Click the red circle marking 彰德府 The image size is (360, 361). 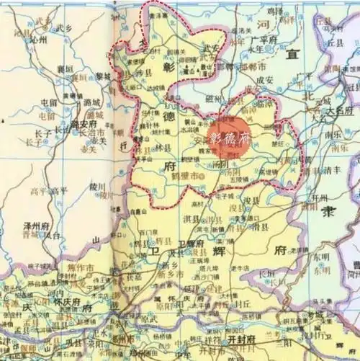(228, 137)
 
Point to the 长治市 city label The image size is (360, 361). (86, 133)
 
